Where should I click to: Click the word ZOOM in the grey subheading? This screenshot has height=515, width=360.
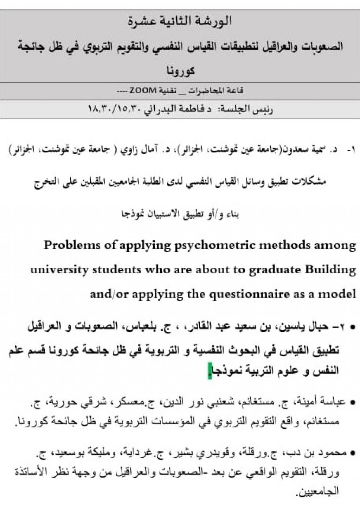click(143, 91)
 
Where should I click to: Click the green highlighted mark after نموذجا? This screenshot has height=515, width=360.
click(210, 371)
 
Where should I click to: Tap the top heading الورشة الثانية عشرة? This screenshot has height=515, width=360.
click(180, 21)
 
